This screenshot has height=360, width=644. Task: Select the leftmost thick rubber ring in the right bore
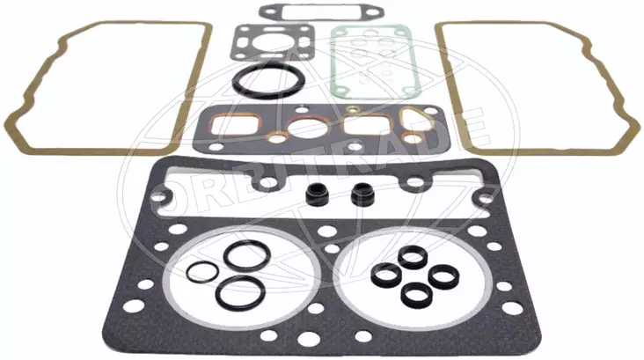pyautogui.click(x=384, y=274)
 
